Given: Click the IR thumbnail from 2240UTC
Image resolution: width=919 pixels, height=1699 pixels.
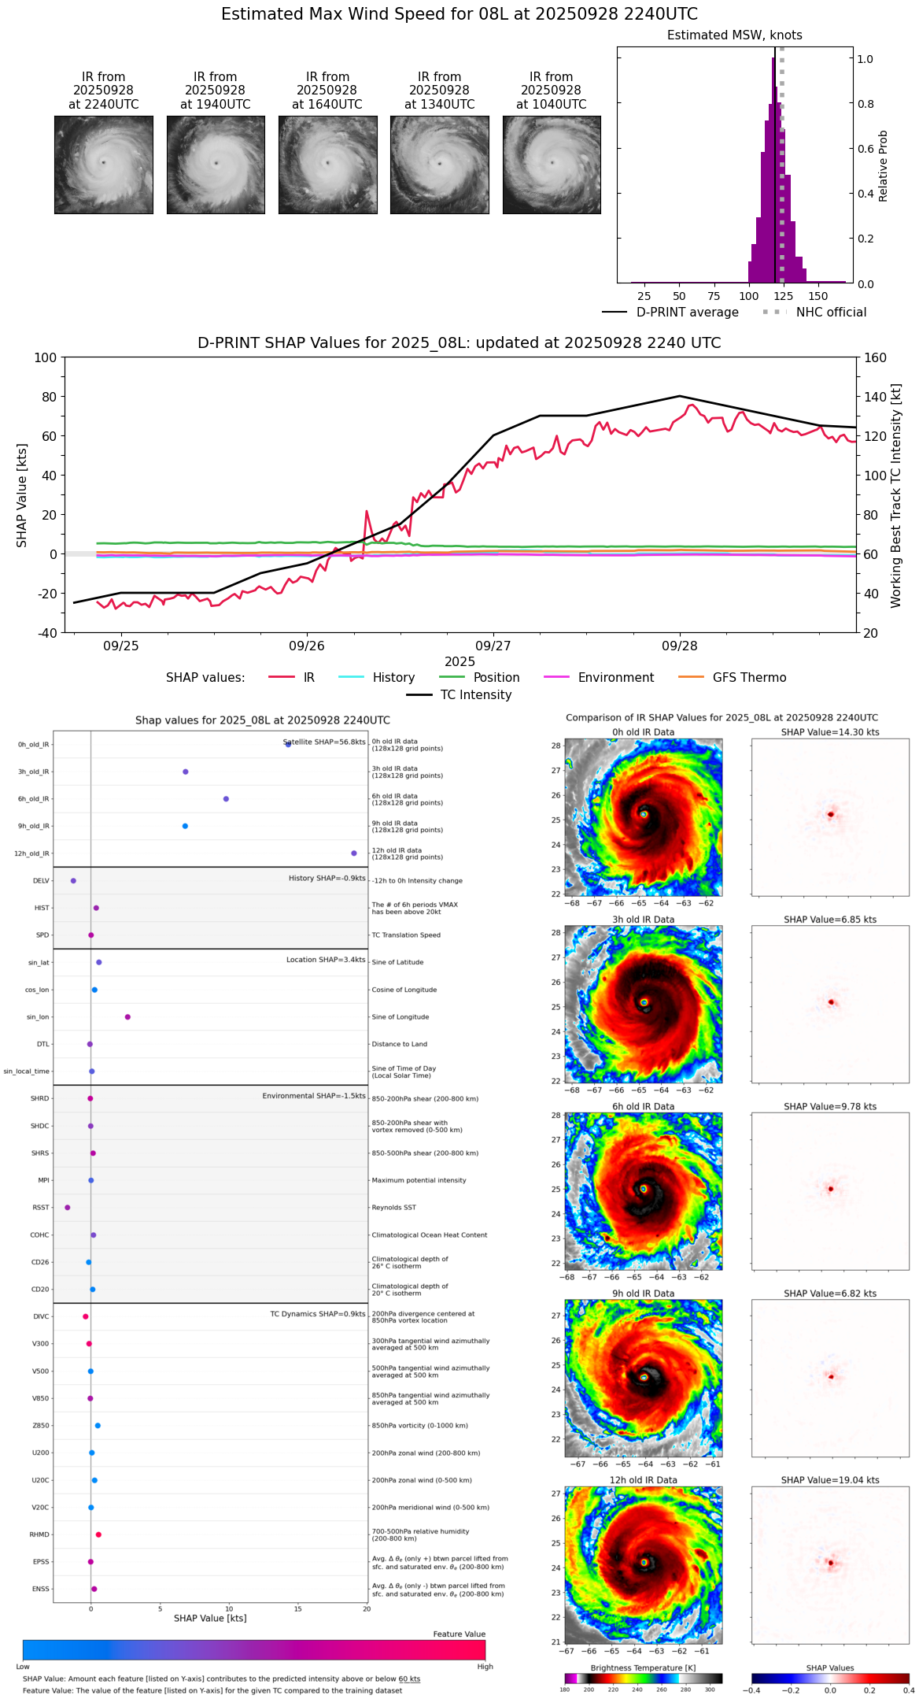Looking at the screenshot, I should pos(104,165).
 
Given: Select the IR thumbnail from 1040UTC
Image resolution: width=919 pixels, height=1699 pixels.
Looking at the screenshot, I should pos(552,165).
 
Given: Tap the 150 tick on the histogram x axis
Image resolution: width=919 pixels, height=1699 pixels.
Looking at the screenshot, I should pos(818,296).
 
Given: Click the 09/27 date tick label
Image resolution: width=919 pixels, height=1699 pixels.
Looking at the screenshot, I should pos(493,646).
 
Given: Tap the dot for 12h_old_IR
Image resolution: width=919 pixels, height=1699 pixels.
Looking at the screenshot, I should pos(354,853).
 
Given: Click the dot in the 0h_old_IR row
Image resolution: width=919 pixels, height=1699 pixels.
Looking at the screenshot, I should pos(288,744).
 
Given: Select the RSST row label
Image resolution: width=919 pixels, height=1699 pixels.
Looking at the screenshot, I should pos(41,1208).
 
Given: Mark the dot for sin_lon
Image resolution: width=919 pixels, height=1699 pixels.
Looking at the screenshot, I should pos(127,1017).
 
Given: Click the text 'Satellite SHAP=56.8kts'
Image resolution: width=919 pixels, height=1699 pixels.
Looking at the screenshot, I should pos(324,742).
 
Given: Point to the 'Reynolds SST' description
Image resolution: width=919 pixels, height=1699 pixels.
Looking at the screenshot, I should pos(393,1208).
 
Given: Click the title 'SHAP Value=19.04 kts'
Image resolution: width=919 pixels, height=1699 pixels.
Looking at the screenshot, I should pos(830,1480).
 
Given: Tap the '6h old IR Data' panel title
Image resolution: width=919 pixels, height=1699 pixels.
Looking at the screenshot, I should pos(643,1106).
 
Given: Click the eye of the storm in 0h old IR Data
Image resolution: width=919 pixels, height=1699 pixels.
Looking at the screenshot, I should pos(644,815).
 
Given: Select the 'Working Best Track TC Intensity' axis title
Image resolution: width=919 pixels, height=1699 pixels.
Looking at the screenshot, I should pos(895,495).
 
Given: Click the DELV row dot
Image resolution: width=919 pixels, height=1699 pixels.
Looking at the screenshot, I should pos(73,881).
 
